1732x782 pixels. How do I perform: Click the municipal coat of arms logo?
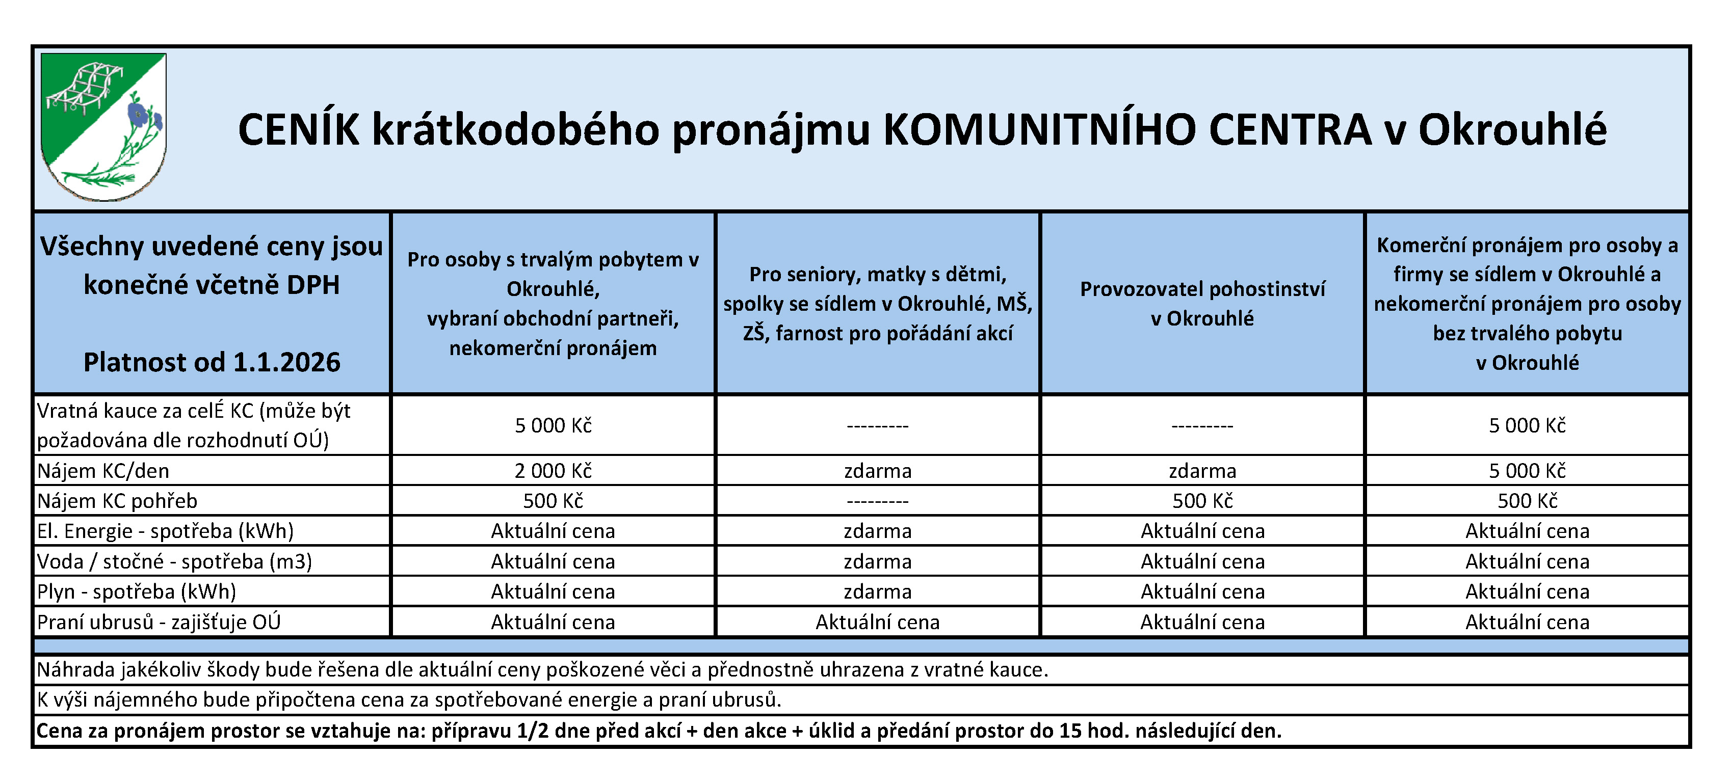pyautogui.click(x=103, y=126)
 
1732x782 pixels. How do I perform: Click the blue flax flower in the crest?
pyautogui.click(x=139, y=114)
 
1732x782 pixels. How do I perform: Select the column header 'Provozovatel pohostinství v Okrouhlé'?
pyautogui.click(x=1202, y=304)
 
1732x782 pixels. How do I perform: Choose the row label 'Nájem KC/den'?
pyautogui.click(x=103, y=471)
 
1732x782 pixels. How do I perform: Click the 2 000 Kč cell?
pyautogui.click(x=553, y=471)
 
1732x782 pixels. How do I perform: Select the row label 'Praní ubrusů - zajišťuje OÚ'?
pyautogui.click(x=159, y=622)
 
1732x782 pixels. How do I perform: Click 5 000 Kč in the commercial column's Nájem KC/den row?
pyautogui.click(x=1527, y=471)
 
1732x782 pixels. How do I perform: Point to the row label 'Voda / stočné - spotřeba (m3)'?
pyautogui.click(x=174, y=561)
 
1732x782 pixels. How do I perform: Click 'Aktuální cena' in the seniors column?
pyautogui.click(x=877, y=622)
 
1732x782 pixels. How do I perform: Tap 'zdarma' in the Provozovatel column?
pyautogui.click(x=1202, y=471)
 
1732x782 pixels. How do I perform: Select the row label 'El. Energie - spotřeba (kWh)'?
pyautogui.click(x=165, y=531)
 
